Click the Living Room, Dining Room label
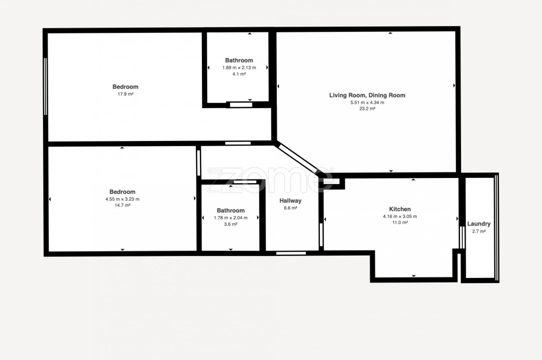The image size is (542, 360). [367, 95]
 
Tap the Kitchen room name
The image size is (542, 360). [400, 209]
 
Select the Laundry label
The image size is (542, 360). [479, 223]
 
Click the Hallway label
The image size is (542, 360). [290, 200]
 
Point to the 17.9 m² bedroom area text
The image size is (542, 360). [125, 94]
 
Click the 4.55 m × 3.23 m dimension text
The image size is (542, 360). [122, 199]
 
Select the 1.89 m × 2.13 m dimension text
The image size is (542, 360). [239, 68]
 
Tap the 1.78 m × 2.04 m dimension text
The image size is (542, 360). [231, 218]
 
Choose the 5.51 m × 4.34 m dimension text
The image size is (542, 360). [367, 102]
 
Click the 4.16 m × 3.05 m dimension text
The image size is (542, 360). [400, 216]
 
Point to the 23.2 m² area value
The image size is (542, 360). [367, 108]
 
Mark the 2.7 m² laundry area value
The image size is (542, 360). [479, 231]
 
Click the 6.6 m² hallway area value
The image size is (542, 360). [290, 208]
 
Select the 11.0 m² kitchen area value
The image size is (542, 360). [400, 222]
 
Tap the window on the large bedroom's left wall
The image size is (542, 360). [45, 86]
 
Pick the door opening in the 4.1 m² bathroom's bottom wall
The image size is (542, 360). [241, 104]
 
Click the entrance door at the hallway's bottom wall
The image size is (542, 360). [291, 253]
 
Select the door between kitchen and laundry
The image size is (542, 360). [462, 237]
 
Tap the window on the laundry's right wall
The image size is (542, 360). [497, 228]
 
